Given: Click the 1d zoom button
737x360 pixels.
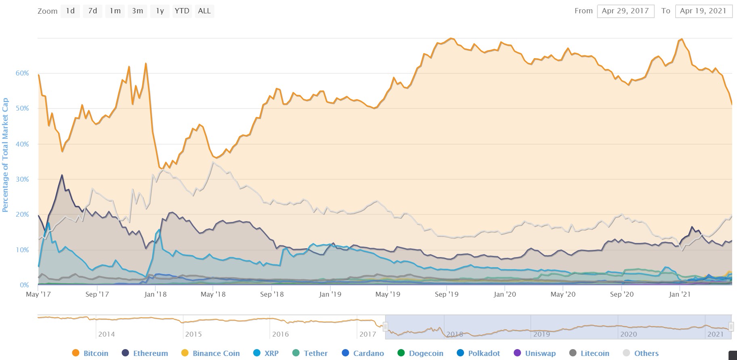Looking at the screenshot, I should click(x=70, y=11).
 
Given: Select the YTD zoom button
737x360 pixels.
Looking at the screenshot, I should click(x=182, y=11).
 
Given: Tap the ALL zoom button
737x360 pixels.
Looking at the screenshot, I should click(x=204, y=11).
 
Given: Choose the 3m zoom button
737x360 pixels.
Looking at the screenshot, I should click(x=138, y=11).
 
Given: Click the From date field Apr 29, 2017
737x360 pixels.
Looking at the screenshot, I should click(x=625, y=11).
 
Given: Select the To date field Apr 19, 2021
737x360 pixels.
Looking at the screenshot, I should click(x=703, y=11).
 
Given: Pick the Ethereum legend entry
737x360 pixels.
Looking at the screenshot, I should click(x=145, y=353).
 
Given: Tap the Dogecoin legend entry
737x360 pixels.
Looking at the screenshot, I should click(x=421, y=353).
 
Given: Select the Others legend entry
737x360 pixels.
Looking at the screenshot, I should click(x=641, y=353).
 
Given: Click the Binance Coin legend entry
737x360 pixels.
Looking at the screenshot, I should click(x=211, y=353).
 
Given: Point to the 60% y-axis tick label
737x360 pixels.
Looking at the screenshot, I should click(x=22, y=73).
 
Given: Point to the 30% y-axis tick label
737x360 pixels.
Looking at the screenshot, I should click(x=22, y=179).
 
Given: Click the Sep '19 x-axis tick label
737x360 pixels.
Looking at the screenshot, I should click(x=447, y=294).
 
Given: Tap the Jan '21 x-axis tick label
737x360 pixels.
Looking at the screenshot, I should click(x=680, y=294).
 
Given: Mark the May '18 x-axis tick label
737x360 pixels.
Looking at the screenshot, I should click(x=213, y=294).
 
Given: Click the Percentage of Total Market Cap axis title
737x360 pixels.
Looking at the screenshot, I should click(x=5, y=155).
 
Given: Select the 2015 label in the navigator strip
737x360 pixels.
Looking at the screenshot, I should click(x=193, y=334).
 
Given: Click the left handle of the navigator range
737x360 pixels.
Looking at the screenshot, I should click(x=386, y=327).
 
